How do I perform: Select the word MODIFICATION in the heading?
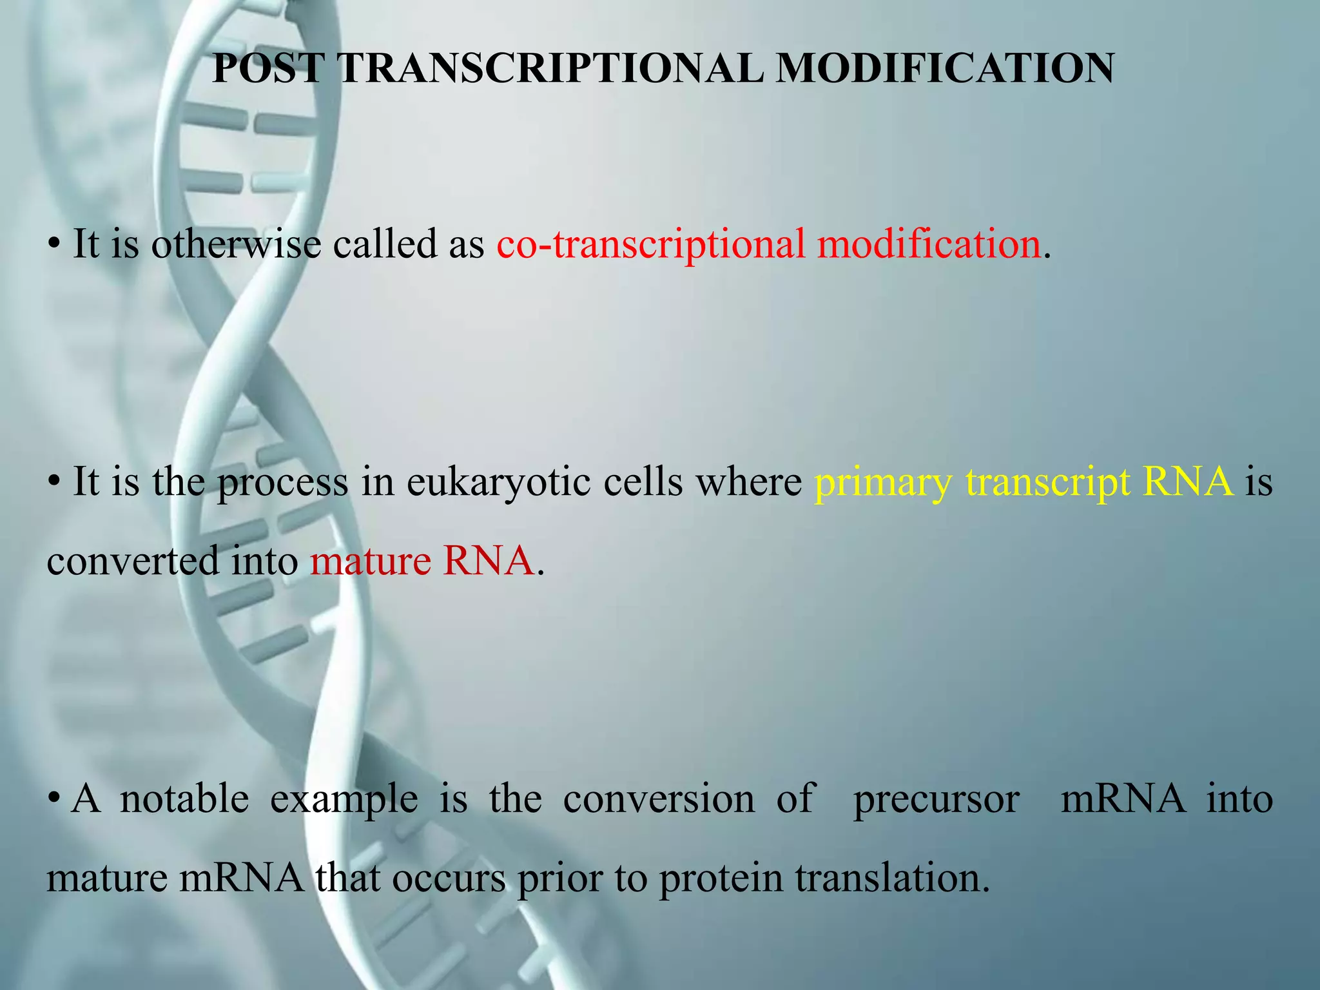[x=945, y=68]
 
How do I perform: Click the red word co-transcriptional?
[x=651, y=245]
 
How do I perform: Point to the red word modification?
[x=929, y=245]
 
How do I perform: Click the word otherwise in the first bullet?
[x=236, y=245]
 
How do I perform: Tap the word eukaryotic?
[x=498, y=482]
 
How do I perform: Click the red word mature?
[x=370, y=561]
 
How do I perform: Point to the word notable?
[x=184, y=799]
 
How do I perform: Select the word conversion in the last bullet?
[x=659, y=799]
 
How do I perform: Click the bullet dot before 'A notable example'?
[x=54, y=800]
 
